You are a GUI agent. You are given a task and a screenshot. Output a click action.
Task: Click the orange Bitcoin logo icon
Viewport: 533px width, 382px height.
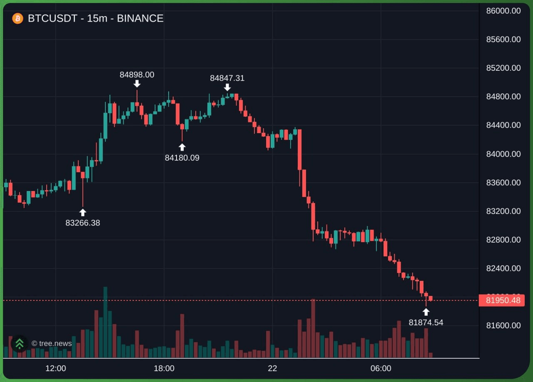[x=17, y=18]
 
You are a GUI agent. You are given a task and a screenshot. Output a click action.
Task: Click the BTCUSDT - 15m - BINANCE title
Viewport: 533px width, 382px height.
[x=96, y=18]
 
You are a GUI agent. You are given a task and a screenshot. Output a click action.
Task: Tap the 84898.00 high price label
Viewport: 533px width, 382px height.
[x=137, y=74]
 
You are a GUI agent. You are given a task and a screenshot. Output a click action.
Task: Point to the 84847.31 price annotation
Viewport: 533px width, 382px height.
[x=227, y=78]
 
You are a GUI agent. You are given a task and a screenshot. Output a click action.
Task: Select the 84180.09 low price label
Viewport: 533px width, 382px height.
[x=182, y=158]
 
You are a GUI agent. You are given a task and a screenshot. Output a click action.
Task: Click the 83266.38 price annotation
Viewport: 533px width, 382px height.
[x=82, y=223]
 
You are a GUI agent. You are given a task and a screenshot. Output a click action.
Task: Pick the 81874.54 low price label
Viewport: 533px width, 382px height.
[x=426, y=322]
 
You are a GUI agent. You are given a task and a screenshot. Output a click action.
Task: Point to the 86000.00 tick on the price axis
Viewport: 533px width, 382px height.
[x=503, y=11]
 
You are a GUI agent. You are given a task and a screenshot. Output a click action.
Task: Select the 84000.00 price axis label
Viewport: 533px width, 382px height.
[x=503, y=154]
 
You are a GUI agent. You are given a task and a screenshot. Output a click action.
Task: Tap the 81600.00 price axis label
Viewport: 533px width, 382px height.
[x=503, y=325]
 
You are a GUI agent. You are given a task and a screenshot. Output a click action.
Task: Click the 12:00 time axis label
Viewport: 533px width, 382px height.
[x=56, y=368]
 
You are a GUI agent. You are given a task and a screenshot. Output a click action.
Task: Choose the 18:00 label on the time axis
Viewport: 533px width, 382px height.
[x=164, y=368]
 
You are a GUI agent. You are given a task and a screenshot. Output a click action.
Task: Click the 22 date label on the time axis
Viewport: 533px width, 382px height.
[x=272, y=368]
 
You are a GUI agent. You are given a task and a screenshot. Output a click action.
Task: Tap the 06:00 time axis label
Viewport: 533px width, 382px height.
[x=381, y=368]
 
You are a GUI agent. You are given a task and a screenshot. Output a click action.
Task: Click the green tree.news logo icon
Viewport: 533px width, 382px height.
[x=20, y=343]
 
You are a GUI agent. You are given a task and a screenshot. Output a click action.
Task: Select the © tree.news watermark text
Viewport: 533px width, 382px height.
[x=52, y=343]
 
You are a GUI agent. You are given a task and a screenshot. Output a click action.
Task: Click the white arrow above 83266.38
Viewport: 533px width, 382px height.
[x=82, y=213]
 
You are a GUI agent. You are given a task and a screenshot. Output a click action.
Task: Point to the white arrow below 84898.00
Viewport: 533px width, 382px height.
[x=137, y=84]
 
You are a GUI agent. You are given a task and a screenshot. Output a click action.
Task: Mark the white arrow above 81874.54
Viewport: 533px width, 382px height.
[x=426, y=312]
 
